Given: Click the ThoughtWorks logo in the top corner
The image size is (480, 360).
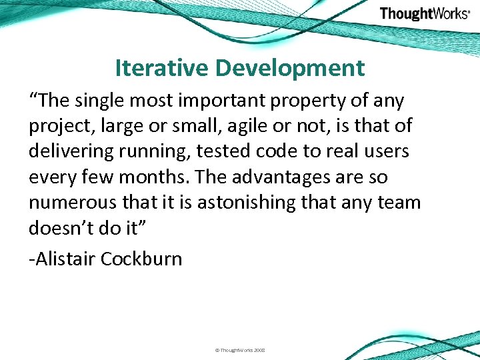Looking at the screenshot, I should [x=424, y=14].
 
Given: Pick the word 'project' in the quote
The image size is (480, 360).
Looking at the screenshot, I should [x=58, y=127].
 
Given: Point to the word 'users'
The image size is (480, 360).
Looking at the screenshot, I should [x=386, y=151].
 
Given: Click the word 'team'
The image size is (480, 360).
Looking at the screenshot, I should [x=398, y=203].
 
